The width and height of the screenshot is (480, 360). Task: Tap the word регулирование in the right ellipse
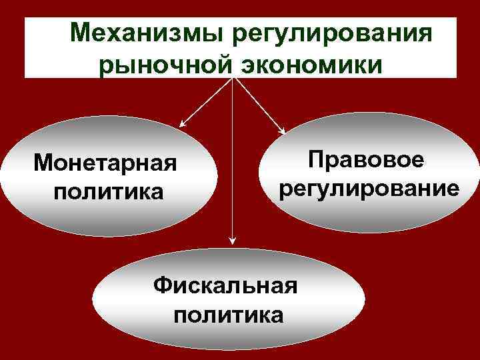[x=369, y=189]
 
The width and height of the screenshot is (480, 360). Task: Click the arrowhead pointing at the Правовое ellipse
[x=283, y=130]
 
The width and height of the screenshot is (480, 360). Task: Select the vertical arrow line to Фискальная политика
[x=232, y=167]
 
